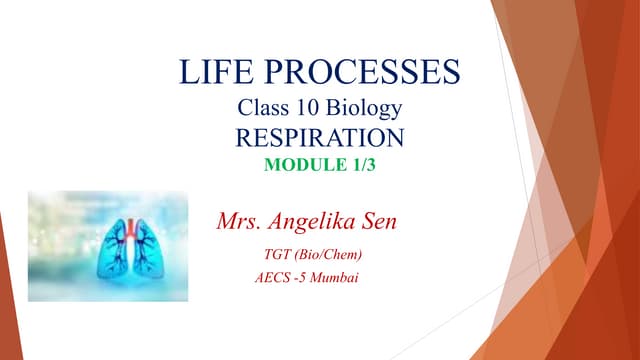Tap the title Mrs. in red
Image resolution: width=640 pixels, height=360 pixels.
[240, 219]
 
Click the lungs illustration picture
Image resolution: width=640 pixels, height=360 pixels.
[107, 246]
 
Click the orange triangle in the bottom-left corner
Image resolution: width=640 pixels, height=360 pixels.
[8, 300]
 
